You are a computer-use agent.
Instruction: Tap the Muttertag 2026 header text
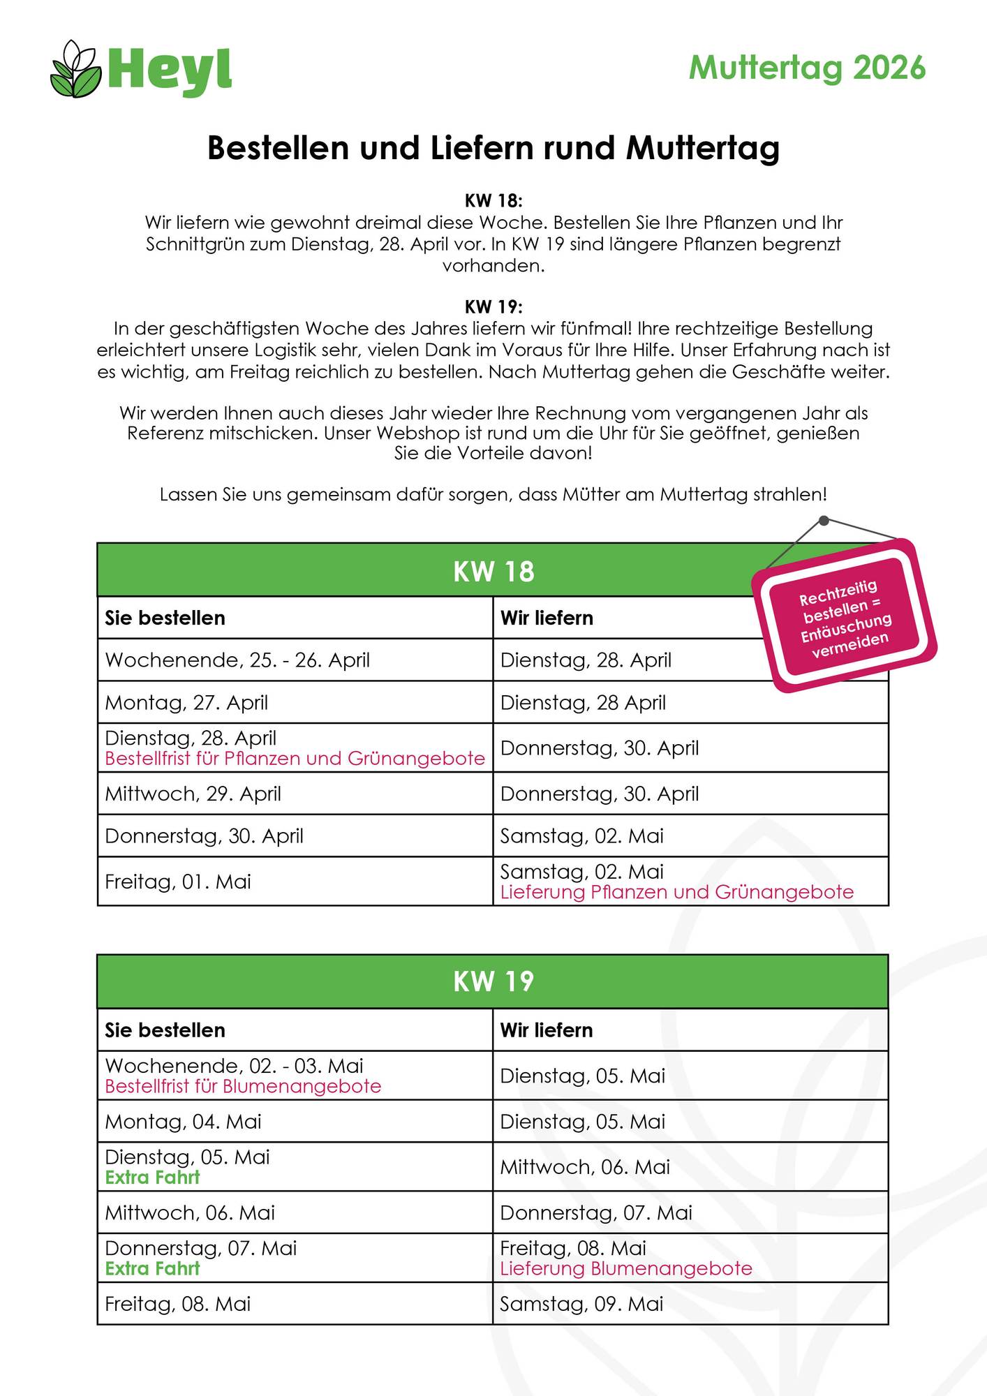[807, 68]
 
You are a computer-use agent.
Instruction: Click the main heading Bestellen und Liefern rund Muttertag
[493, 148]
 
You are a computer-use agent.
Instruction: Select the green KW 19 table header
[493, 981]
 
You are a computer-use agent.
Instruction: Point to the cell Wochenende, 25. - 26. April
[237, 660]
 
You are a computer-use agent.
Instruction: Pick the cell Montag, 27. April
[186, 703]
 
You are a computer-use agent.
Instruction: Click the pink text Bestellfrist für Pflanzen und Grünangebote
[295, 759]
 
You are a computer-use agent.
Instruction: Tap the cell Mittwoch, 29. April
[193, 794]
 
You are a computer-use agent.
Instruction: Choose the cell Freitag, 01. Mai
[177, 882]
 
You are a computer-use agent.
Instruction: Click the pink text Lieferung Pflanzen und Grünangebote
[676, 893]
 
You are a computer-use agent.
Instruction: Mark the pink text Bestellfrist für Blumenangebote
[243, 1087]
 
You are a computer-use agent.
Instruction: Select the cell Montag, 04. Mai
[183, 1122]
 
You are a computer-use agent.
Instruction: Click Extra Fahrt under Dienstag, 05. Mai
[152, 1178]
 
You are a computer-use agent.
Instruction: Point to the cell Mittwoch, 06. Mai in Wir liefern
[585, 1167]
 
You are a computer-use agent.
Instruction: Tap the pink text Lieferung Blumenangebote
[626, 1269]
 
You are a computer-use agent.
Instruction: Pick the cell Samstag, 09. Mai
[581, 1305]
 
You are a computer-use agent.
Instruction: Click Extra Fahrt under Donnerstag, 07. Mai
[152, 1269]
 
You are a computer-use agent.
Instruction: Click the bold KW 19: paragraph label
[493, 307]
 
